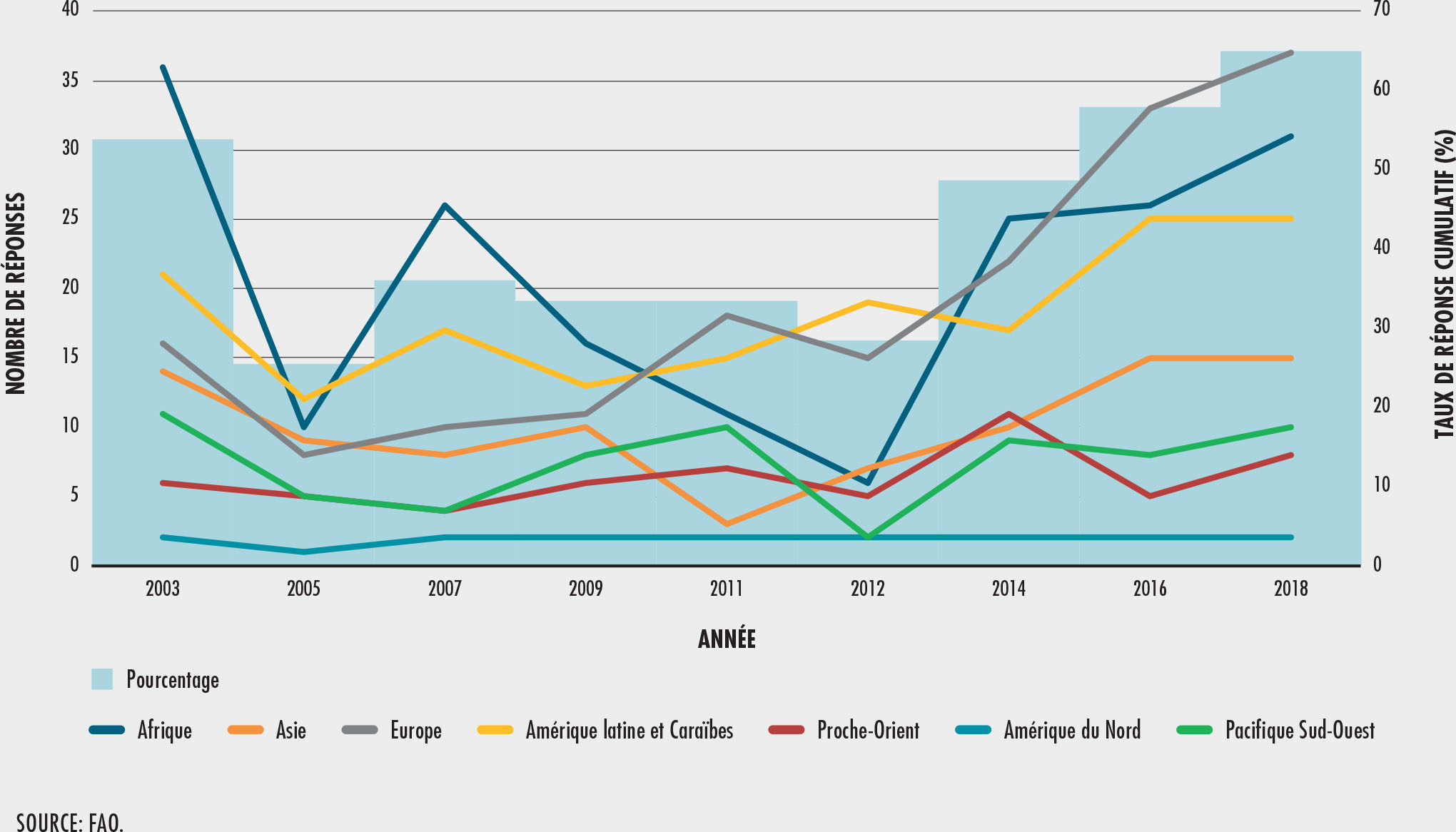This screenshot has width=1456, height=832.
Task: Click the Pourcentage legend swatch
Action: pyautogui.click(x=102, y=679)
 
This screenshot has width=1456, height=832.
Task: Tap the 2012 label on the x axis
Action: pyautogui.click(x=868, y=589)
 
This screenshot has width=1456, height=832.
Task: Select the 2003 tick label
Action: pyautogui.click(x=163, y=589)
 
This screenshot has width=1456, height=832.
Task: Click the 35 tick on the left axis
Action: pyautogui.click(x=70, y=80)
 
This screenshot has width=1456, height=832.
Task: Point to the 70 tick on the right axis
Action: pyautogui.click(x=1382, y=9)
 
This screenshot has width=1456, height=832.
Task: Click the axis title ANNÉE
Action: pyautogui.click(x=727, y=639)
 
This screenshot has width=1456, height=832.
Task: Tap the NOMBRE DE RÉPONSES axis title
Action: pyautogui.click(x=16, y=293)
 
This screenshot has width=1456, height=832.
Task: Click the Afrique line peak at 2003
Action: pyautogui.click(x=163, y=67)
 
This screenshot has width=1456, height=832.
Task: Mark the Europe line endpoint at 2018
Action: pyautogui.click(x=1291, y=53)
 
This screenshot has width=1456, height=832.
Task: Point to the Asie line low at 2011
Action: pyautogui.click(x=727, y=524)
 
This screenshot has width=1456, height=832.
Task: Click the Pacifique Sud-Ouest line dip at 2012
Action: pyautogui.click(x=868, y=537)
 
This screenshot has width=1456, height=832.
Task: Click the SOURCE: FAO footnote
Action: pyautogui.click(x=70, y=822)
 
